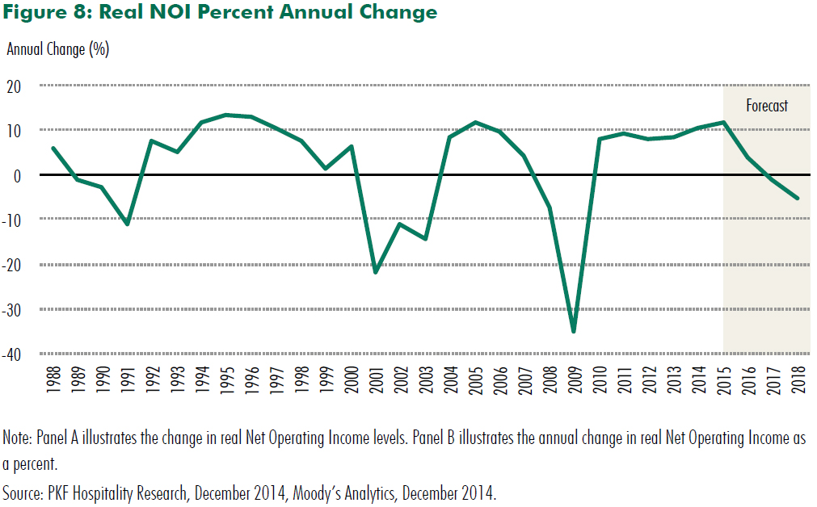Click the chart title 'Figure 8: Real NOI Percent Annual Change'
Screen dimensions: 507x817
(220, 13)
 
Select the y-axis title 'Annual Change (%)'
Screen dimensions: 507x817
(57, 49)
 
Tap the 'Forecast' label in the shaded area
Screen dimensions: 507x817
(766, 106)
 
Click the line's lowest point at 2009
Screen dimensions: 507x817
(574, 331)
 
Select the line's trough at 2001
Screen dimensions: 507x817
(375, 272)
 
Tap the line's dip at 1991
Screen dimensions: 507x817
(127, 224)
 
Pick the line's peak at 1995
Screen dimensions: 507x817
(225, 115)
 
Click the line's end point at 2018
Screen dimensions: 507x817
(798, 198)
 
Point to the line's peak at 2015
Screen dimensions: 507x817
(723, 123)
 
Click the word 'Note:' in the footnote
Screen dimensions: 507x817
(17, 438)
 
